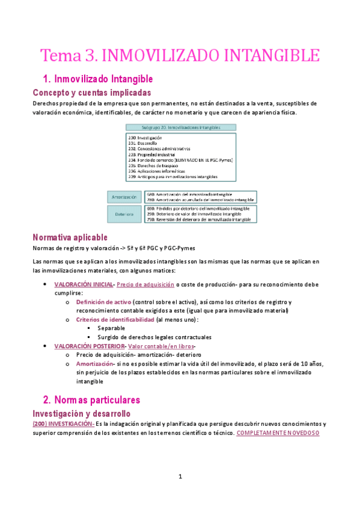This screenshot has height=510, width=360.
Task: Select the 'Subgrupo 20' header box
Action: pyautogui.click(x=180, y=127)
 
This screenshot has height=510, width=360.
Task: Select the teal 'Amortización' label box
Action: pyautogui.click(x=124, y=197)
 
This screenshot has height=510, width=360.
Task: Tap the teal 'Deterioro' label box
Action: pyautogui.click(x=124, y=213)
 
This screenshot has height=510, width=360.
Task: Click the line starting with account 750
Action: pyautogui.click(x=199, y=220)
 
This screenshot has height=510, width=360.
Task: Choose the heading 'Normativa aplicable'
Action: pyautogui.click(x=70, y=237)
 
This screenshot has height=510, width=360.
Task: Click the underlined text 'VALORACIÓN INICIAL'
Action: pyautogui.click(x=84, y=284)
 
